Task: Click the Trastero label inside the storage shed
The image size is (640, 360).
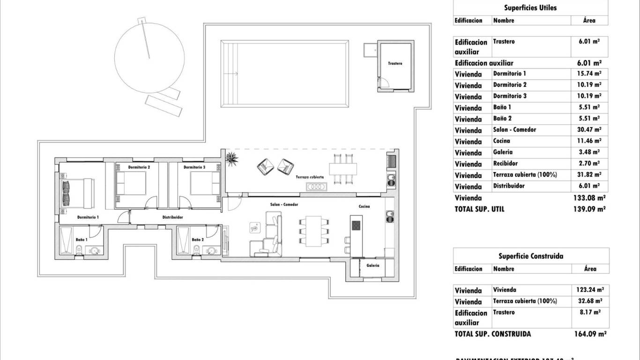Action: click(395, 63)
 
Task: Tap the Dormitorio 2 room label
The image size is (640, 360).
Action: click(139, 167)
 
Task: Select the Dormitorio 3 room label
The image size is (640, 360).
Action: click(194, 167)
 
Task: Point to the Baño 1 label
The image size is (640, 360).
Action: click(82, 240)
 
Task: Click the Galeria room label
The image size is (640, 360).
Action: click(373, 265)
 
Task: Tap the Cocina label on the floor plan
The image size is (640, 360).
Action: click(365, 206)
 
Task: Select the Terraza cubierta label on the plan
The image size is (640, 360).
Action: click(309, 177)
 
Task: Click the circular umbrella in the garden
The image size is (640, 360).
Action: click(149, 58)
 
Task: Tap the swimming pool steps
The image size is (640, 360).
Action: click(229, 73)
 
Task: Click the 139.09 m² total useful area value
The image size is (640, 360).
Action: click(589, 209)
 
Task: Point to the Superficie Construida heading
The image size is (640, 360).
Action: click(530, 256)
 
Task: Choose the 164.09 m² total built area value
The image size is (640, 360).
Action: click(590, 334)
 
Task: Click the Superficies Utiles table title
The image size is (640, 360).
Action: click(530, 7)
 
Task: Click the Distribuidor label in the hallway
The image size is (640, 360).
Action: click(172, 217)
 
